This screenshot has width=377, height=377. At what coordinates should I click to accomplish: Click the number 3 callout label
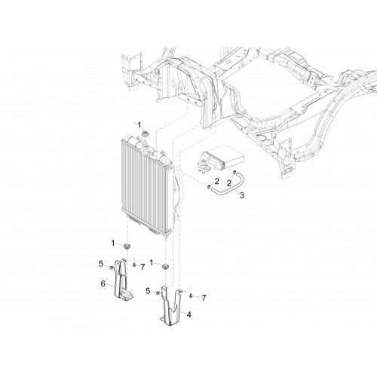click(242, 195)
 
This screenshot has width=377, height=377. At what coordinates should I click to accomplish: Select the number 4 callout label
click(189, 314)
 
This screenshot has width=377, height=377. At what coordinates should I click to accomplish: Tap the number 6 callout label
click(103, 284)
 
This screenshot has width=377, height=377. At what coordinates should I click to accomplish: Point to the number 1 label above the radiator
click(139, 124)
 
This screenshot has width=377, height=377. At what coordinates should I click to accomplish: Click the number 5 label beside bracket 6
click(101, 264)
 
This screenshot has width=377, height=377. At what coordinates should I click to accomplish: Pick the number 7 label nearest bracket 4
click(204, 298)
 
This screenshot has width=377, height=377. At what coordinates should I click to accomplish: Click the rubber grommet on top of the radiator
click(145, 133)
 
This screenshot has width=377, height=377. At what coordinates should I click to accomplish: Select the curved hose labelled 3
click(226, 185)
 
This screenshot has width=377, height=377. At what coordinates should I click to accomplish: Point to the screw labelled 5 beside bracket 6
click(111, 268)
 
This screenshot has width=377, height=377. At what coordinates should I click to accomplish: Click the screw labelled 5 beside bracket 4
click(158, 293)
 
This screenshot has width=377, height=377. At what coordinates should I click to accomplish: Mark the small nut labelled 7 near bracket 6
click(134, 265)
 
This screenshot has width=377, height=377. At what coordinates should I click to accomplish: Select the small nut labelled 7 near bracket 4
click(191, 296)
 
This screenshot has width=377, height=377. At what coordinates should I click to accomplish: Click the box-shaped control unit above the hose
click(220, 159)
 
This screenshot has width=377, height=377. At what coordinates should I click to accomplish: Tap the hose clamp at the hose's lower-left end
click(209, 187)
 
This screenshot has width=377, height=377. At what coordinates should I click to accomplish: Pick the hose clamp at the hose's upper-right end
click(234, 172)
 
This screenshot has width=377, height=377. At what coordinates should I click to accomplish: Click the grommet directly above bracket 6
click(127, 246)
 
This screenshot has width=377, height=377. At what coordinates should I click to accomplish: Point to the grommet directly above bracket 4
click(165, 267)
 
